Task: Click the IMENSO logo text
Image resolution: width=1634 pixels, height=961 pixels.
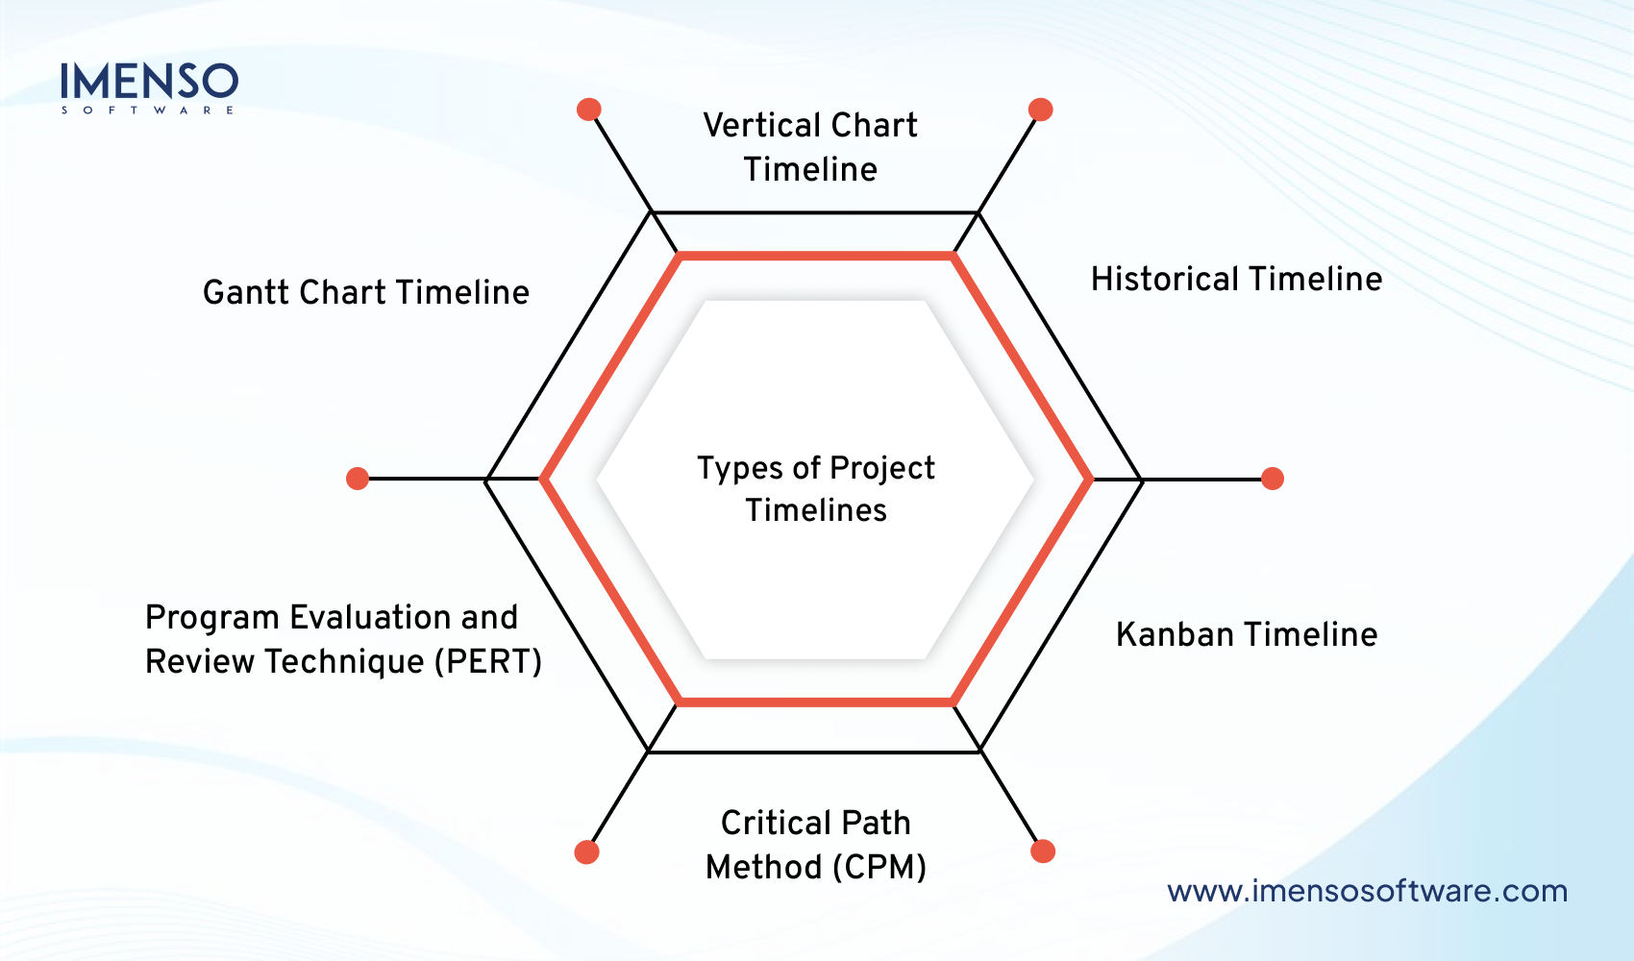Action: coord(149,81)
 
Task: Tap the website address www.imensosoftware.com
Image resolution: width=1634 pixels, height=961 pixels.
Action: coord(1367,891)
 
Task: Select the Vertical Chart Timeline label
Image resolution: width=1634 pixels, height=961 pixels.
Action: coord(810,147)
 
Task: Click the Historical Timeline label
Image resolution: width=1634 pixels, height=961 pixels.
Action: coord(1236,279)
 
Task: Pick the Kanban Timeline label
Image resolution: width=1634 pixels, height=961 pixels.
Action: coord(1247,634)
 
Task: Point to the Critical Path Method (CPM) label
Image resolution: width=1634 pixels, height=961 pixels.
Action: coord(815,845)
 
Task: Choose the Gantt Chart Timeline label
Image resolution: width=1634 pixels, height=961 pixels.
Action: coord(365,292)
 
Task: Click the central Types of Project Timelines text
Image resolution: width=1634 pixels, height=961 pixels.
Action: coord(815,488)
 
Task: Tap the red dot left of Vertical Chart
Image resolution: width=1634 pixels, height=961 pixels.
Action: coord(589,110)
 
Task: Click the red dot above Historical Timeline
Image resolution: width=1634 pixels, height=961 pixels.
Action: coord(1040,110)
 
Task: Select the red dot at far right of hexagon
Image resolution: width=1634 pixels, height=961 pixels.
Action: coord(1273,479)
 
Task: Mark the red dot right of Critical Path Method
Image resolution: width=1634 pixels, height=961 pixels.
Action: coord(1043,851)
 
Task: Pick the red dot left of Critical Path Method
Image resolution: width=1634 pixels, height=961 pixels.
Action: coord(586,851)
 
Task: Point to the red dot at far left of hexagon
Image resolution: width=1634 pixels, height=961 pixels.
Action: coord(358,479)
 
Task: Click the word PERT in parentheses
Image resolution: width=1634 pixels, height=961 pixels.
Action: coord(492,662)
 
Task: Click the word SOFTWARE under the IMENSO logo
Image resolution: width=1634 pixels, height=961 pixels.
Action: coord(148,111)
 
